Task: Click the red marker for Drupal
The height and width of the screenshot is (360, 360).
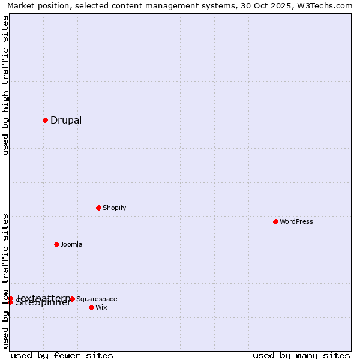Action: pos(45,120)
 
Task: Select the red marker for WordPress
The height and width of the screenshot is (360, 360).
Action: pos(275,221)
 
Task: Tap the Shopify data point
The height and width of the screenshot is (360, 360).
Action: pos(98,208)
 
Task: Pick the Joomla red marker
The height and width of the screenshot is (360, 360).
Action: pos(56,244)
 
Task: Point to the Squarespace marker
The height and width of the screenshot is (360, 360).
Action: pos(72,299)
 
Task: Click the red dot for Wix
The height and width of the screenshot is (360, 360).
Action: pos(91,307)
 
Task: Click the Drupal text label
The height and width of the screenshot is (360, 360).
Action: pos(66,120)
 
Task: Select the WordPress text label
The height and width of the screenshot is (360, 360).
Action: pos(296,221)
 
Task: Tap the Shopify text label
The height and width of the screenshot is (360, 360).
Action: pos(115,208)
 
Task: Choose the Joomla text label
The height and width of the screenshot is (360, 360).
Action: pos(71,244)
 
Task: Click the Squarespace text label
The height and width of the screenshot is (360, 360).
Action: pos(97,299)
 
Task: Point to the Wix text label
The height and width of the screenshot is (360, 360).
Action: pos(101,307)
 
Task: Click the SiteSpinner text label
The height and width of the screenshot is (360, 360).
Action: pos(43,303)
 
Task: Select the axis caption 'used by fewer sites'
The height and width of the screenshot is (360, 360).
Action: pos(62,355)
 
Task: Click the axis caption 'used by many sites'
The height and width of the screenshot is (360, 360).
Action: pos(301,355)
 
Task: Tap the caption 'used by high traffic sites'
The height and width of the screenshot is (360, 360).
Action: pos(6,85)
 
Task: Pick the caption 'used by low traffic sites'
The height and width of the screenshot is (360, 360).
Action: pos(6,281)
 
